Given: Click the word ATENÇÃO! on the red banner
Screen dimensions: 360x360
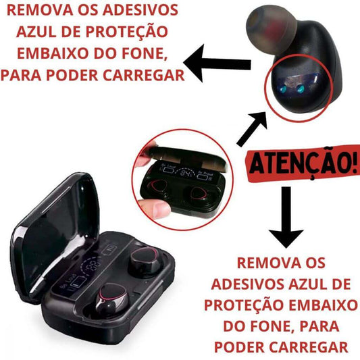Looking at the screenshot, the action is (x=303, y=163).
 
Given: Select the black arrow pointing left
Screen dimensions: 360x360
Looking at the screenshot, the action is (x=217, y=63).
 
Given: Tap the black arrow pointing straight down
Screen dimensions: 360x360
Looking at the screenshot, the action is (x=286, y=217).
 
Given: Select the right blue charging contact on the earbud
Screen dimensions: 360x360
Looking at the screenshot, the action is (x=301, y=88).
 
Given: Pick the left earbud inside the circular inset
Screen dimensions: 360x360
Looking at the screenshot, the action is (x=157, y=186).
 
